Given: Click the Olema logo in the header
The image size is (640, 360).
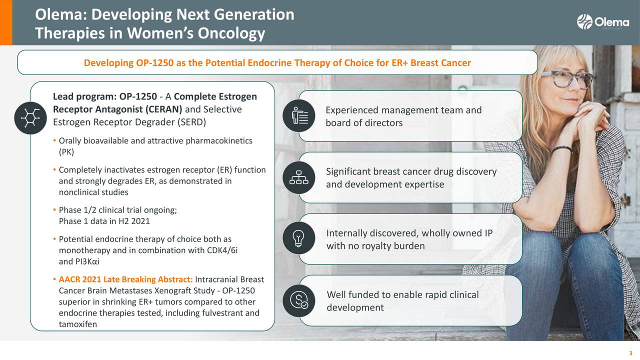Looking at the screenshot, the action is (x=603, y=21).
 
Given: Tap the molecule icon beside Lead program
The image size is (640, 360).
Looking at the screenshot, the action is (x=30, y=118).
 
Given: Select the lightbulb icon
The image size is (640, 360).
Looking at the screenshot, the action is (x=298, y=238).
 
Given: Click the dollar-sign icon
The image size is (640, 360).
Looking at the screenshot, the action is (x=299, y=300).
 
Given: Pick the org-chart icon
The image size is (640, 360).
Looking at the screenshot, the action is (x=299, y=177).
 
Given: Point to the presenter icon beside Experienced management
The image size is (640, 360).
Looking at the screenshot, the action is (x=299, y=115).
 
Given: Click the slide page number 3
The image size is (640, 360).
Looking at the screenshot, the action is (x=630, y=353).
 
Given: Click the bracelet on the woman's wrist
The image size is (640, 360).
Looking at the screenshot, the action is (x=561, y=149).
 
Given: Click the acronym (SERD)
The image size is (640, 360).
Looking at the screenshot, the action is (x=191, y=122).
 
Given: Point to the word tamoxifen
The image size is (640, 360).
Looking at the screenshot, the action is (x=78, y=324).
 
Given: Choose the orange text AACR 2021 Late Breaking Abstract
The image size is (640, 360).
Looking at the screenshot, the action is (x=126, y=279).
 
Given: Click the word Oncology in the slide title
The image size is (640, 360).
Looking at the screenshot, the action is (x=231, y=33).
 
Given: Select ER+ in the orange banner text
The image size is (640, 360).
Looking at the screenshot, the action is (x=399, y=63).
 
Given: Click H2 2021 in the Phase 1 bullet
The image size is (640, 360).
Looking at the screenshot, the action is (x=134, y=221).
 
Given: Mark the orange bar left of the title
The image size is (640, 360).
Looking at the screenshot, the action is (x=6, y=22).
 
